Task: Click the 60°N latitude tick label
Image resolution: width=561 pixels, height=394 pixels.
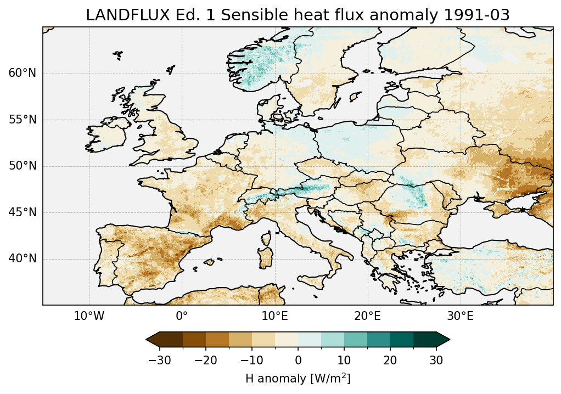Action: coord(22,74)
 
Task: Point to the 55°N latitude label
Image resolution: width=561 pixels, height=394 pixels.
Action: coord(22,120)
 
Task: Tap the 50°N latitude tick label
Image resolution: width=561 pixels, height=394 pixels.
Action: coord(22,166)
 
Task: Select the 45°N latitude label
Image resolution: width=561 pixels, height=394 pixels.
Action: coord(22,212)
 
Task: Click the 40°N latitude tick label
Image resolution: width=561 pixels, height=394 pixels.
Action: coord(22,258)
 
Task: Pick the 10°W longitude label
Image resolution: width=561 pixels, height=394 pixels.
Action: coord(89,316)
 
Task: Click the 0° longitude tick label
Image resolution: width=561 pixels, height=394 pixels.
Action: coord(182,316)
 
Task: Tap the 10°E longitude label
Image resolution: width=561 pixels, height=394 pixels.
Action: coord(274,316)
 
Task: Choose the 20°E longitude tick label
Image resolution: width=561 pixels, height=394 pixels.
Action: coord(367,316)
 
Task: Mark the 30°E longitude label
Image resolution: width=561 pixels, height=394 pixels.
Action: coord(460,316)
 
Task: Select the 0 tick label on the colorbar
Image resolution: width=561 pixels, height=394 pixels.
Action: coord(298,360)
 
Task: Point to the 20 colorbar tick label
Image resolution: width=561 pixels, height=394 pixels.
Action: coord(390,360)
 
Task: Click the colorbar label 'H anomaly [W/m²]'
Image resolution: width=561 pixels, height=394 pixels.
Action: coord(298,379)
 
